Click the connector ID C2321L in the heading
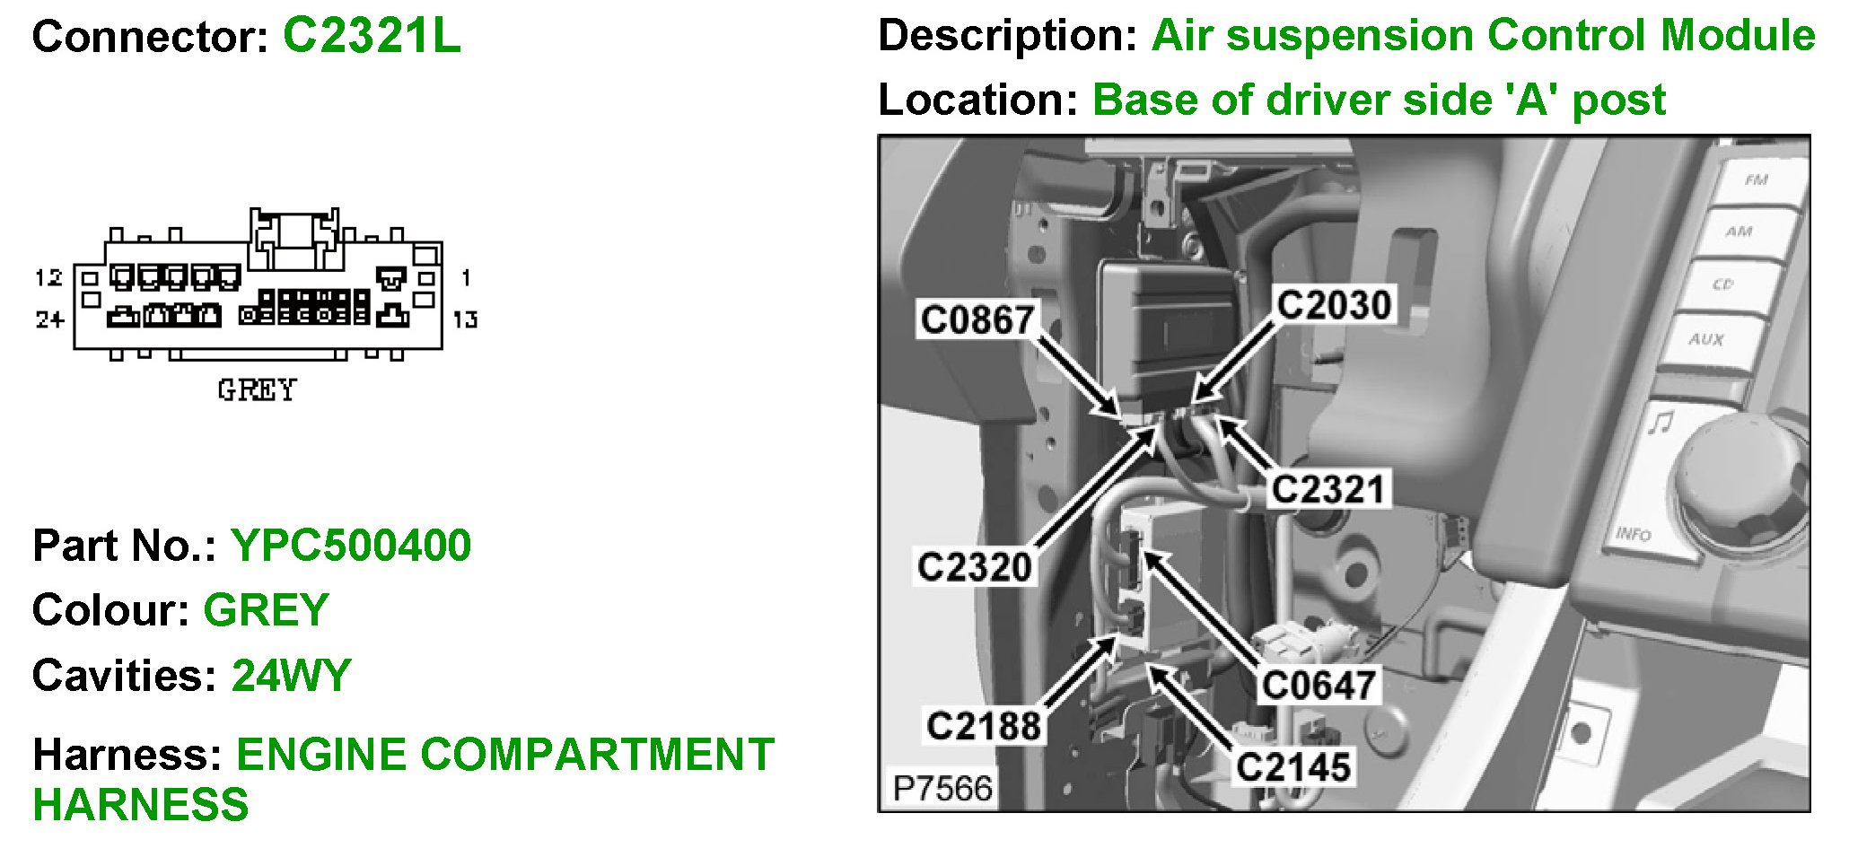[x=372, y=37]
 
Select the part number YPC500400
[x=351, y=546]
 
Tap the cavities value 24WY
[x=291, y=676]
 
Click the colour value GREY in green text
[x=266, y=610]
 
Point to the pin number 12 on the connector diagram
[x=48, y=277]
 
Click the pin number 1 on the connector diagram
[x=465, y=277]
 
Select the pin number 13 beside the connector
[x=465, y=319]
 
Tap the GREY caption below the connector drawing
[x=257, y=390]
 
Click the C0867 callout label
[x=977, y=320]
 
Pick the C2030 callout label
[x=1334, y=305]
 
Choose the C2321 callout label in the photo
[x=1328, y=490]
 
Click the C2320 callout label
[x=975, y=567]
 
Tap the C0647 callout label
[x=1319, y=686]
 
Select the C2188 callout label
[x=984, y=726]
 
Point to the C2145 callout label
[x=1293, y=767]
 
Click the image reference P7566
[x=942, y=788]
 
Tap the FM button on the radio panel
[x=1756, y=180]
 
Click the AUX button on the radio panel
[x=1705, y=339]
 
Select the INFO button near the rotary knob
[x=1634, y=533]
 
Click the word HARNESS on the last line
[x=141, y=805]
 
